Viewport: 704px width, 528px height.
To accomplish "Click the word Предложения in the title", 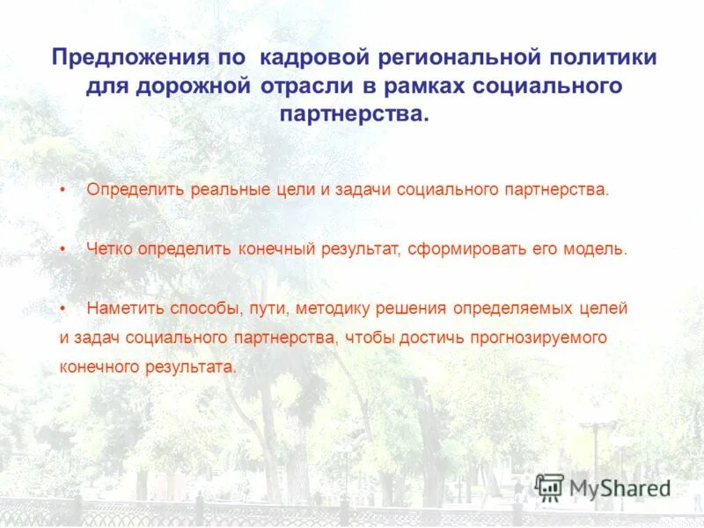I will (x=125, y=58).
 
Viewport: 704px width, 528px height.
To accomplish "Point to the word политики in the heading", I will (x=602, y=58).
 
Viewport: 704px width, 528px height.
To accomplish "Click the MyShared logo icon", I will (x=549, y=488).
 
